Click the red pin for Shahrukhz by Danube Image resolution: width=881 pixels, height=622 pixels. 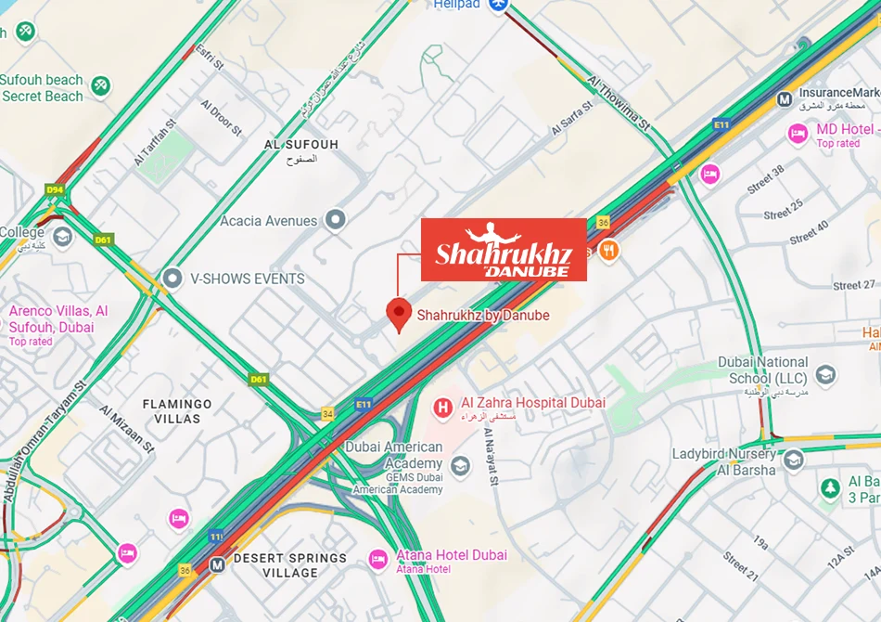click(x=399, y=314)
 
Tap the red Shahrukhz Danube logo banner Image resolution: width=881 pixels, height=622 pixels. click(x=504, y=250)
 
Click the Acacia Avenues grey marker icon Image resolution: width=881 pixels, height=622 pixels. click(x=336, y=220)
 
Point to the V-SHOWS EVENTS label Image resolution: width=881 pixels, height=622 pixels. click(x=247, y=279)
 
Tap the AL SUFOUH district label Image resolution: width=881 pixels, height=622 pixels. click(x=301, y=145)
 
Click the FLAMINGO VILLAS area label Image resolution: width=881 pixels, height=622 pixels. click(x=176, y=411)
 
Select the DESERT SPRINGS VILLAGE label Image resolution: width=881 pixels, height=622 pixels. click(x=289, y=565)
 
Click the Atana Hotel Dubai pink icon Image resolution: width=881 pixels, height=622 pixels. click(x=377, y=558)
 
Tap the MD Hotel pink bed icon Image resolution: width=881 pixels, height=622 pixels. click(x=798, y=135)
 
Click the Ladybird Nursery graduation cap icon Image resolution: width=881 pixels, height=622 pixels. click(x=793, y=460)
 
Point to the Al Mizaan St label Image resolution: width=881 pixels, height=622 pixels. click(x=127, y=428)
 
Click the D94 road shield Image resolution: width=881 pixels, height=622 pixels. click(x=55, y=189)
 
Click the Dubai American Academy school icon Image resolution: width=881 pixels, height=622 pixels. click(x=460, y=465)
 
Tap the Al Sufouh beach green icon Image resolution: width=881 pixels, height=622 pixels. click(x=100, y=86)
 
